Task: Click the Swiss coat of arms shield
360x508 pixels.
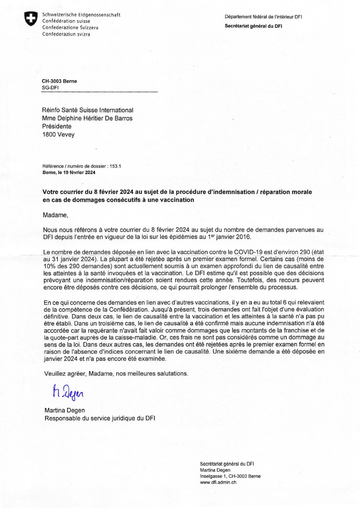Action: [x=31, y=19]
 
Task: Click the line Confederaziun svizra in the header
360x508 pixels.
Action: [x=66, y=34]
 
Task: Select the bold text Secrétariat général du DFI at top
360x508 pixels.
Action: [x=253, y=26]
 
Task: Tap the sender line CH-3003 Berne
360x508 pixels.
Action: [x=59, y=81]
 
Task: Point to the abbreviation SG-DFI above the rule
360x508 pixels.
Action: [x=50, y=88]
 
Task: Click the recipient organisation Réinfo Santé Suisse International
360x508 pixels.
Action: [x=88, y=110]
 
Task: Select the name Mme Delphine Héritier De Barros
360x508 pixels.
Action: [x=87, y=118]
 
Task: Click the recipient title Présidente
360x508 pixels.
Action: [x=57, y=126]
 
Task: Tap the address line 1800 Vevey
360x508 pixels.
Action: [x=58, y=135]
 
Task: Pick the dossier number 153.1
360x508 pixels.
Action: [x=115, y=166]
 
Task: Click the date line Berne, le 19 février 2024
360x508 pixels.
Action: [x=69, y=172]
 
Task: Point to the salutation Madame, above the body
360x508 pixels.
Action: [x=55, y=215]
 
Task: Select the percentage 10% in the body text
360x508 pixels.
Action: [x=50, y=266]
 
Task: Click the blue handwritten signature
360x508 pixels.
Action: [x=68, y=393]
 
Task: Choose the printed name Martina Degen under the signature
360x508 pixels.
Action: [x=64, y=410]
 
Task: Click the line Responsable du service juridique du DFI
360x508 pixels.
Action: [x=100, y=418]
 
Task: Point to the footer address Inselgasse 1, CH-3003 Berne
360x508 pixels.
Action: [x=230, y=476]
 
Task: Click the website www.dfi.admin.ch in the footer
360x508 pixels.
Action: [x=218, y=482]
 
